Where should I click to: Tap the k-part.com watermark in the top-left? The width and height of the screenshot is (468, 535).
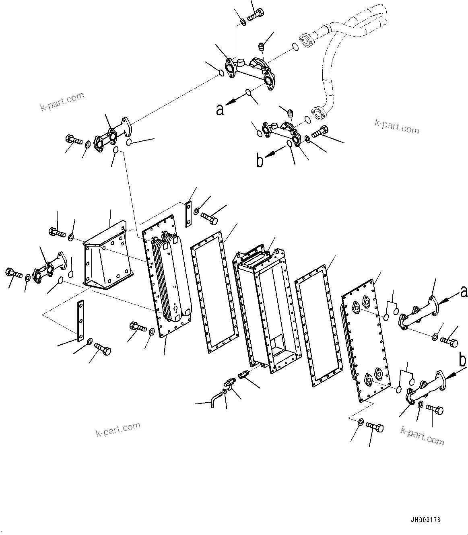point(62,101)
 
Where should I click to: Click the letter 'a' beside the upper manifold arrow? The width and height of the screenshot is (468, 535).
point(220,109)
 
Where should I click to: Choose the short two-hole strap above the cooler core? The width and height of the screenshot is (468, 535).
point(188,214)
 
